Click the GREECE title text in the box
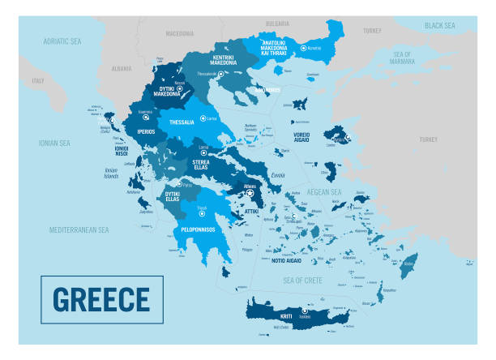tap(101, 299)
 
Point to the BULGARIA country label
tap(277, 24)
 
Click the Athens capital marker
tap(250, 193)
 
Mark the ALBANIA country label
tap(122, 69)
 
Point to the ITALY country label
tap(38, 81)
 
